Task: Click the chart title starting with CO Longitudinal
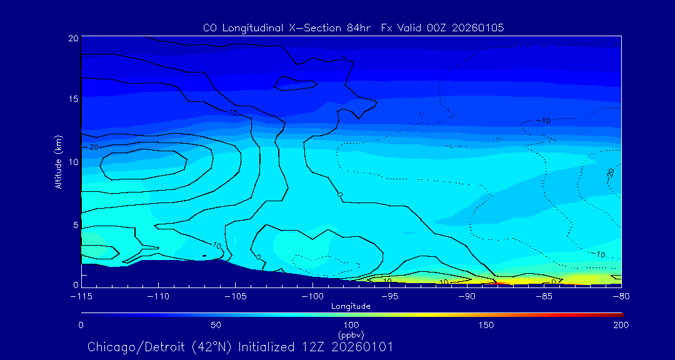click(x=353, y=27)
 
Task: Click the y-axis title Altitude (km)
click(x=58, y=162)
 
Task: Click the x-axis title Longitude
click(x=351, y=306)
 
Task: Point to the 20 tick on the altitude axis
click(x=72, y=38)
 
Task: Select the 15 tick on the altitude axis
click(x=72, y=99)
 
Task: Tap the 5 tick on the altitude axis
click(x=74, y=224)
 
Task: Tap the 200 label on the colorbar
click(x=621, y=325)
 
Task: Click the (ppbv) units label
click(x=351, y=334)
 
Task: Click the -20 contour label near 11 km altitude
click(x=93, y=147)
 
